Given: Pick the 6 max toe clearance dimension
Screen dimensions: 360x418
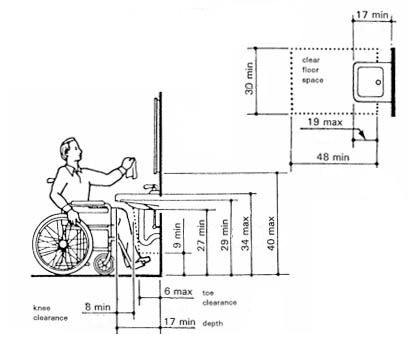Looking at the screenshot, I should pos(179,292).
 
